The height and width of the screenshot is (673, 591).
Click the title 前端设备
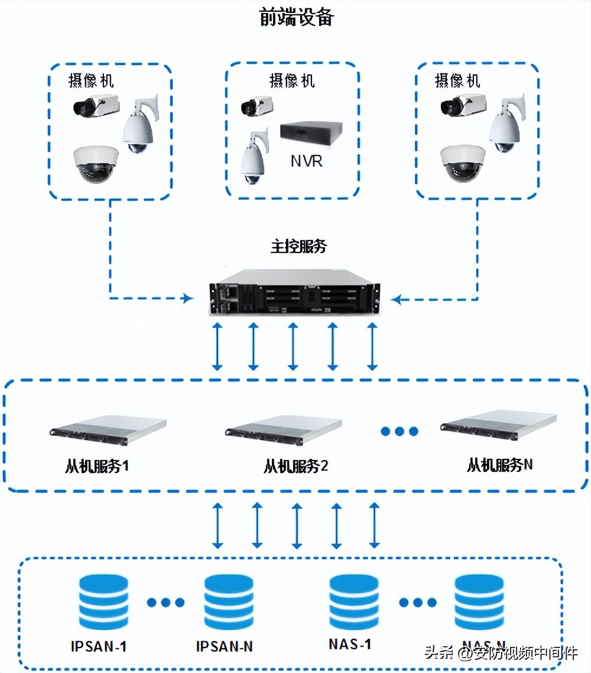(x=296, y=18)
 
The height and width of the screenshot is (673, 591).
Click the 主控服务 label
(x=299, y=247)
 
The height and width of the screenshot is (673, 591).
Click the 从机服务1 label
(x=97, y=466)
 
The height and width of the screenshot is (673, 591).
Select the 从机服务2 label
(x=295, y=466)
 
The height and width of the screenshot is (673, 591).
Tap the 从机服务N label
(x=499, y=465)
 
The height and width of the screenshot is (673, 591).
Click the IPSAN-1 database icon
(x=103, y=602)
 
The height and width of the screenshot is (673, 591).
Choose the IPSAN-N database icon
(x=229, y=602)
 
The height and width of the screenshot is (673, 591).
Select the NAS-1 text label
(x=350, y=644)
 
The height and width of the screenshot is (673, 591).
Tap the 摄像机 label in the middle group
(x=292, y=80)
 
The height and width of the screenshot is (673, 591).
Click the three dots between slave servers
(x=400, y=431)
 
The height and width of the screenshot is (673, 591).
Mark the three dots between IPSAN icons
(x=166, y=603)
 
